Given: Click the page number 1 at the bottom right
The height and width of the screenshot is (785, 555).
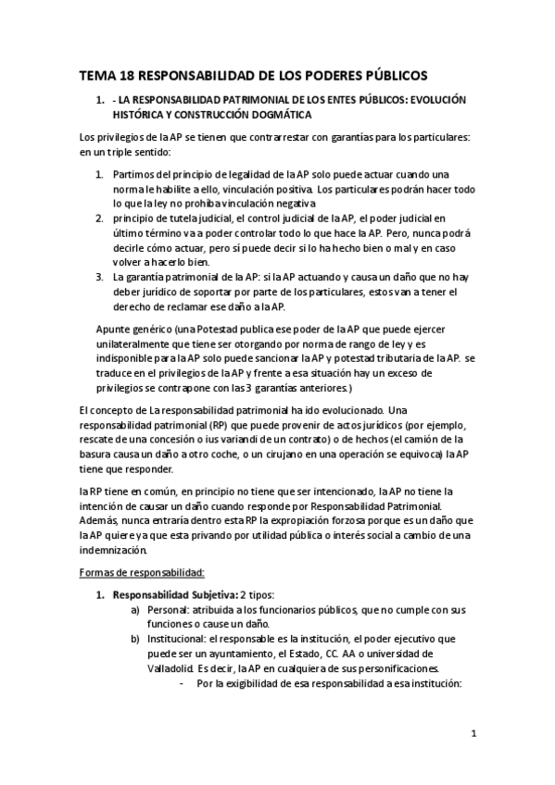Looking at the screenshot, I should point(473,736).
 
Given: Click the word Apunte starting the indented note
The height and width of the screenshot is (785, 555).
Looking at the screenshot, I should point(116,329).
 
